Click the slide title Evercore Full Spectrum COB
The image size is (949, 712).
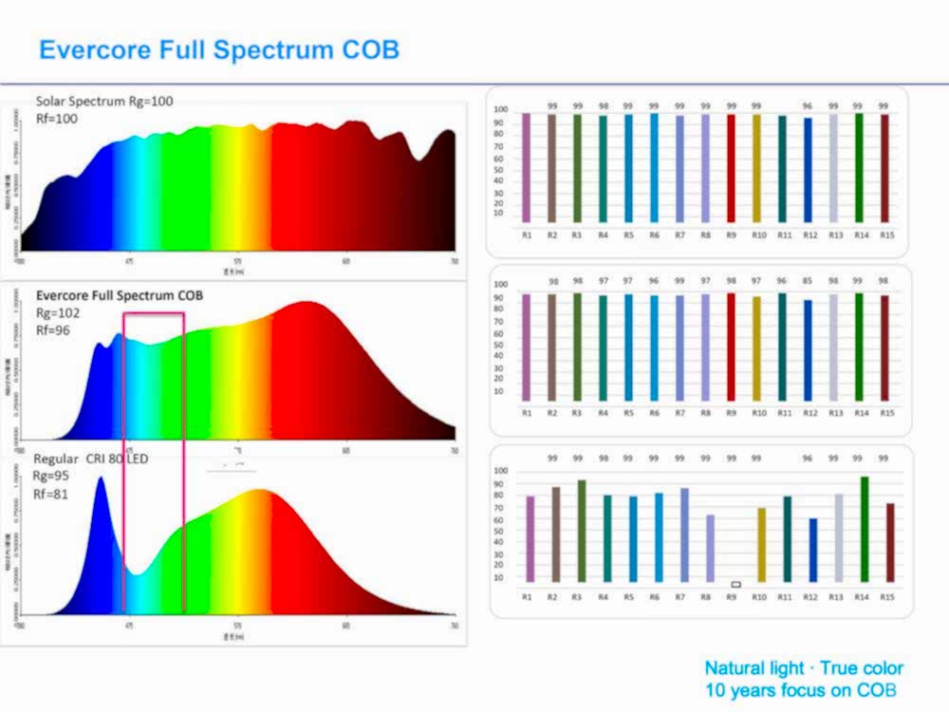219,49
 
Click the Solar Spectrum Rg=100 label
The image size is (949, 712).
104,101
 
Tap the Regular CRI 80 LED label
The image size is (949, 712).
91,459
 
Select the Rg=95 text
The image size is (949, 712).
52,476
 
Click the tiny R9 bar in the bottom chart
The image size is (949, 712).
735,584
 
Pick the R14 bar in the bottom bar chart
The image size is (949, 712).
864,529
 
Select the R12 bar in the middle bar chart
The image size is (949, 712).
808,350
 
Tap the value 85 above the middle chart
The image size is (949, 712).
808,281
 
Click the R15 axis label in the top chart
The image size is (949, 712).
886,234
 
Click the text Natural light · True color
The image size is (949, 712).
803,668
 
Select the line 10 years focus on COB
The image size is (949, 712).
801,690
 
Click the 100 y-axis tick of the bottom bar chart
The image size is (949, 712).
502,471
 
